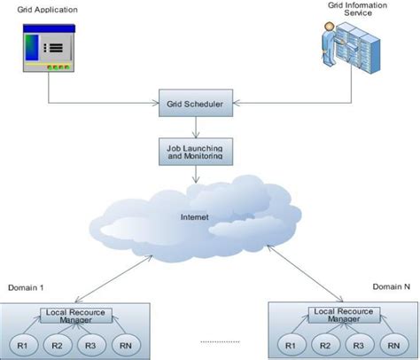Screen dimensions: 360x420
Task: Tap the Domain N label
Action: (x=391, y=287)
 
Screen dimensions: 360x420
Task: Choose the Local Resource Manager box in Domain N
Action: (x=344, y=315)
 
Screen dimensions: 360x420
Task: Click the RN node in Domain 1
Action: (x=121, y=344)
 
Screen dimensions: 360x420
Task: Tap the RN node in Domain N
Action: (x=390, y=344)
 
